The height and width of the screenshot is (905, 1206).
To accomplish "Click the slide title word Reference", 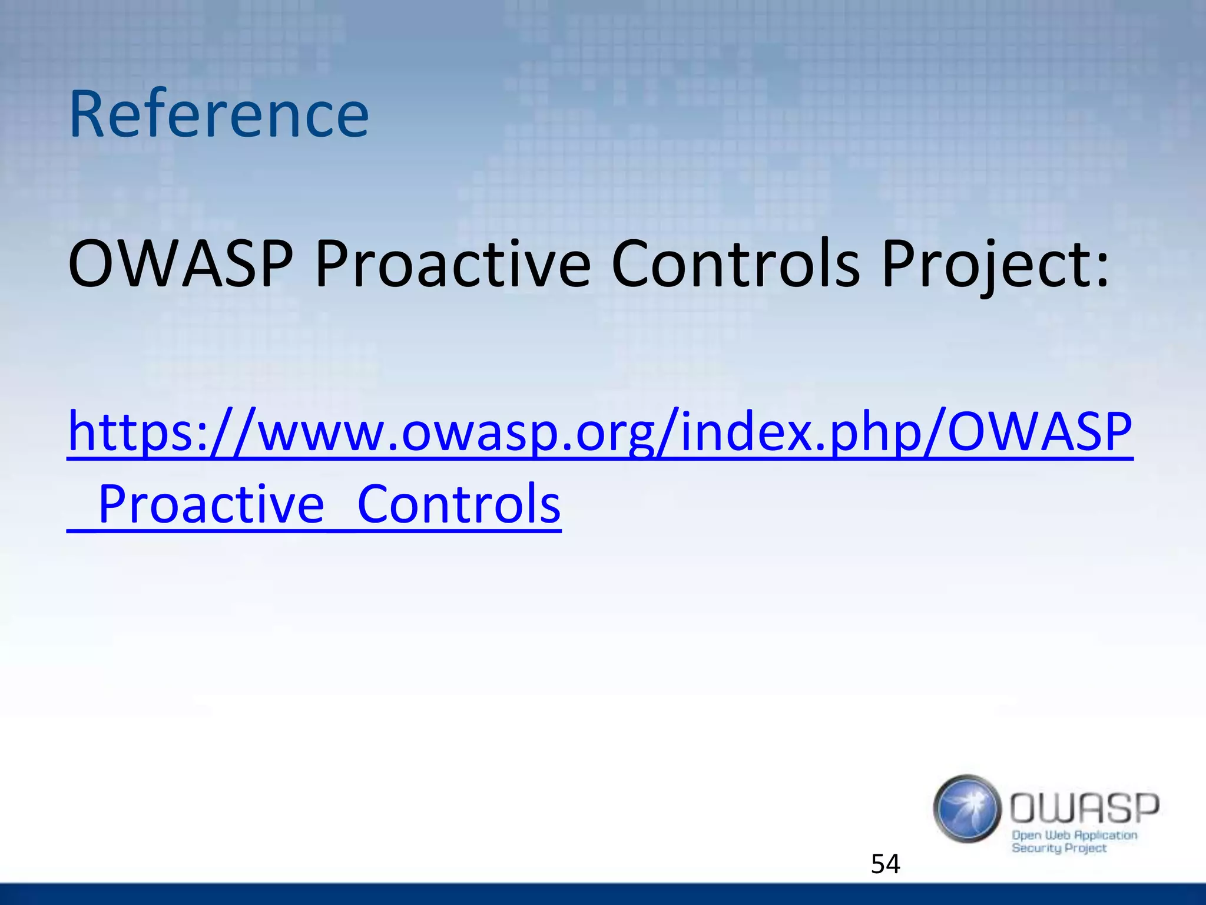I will (x=218, y=114).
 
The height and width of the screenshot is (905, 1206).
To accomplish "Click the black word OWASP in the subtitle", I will (x=180, y=265).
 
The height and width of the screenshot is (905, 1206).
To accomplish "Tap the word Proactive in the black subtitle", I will (x=452, y=265).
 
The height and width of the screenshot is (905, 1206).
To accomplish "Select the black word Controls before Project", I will (x=735, y=265).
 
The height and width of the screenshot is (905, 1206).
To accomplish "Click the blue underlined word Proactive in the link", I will (x=211, y=504).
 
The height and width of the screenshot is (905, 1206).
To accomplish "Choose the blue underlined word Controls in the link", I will (x=459, y=504).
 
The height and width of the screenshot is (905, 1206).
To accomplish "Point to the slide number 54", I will (x=885, y=864).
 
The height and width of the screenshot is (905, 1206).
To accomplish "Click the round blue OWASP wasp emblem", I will (x=967, y=808).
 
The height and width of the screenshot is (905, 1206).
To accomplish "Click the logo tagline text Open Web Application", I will (x=1074, y=835).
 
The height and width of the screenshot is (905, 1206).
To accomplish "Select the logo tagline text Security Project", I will (x=1059, y=848).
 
